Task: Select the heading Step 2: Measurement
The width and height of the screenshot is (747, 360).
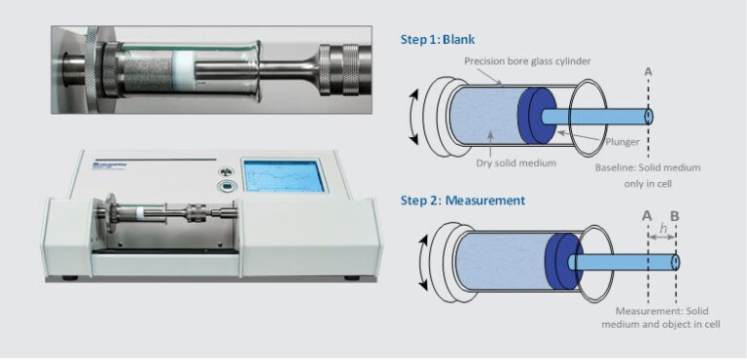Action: [x=463, y=200]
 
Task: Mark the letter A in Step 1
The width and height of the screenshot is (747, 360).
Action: [x=648, y=71]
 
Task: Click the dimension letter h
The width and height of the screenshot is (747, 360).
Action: [x=662, y=229]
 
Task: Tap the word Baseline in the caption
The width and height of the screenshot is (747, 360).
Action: [x=617, y=167]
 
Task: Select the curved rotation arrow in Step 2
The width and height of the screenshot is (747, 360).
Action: [x=421, y=259]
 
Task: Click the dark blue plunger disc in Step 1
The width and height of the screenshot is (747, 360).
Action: [x=534, y=115]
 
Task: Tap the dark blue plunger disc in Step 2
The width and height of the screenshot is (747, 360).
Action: [x=558, y=260]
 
